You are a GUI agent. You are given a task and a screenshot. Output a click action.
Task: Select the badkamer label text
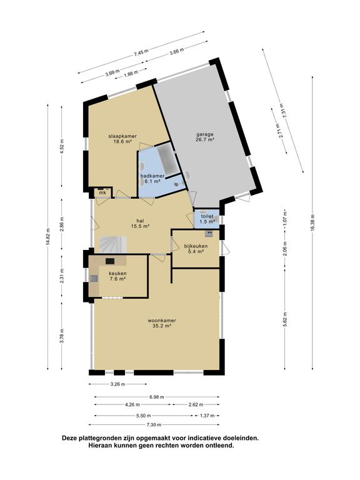coord(152,177)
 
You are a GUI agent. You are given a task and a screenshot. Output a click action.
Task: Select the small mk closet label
coord(102,192)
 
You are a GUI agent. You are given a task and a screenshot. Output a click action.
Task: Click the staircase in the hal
coord(111,243)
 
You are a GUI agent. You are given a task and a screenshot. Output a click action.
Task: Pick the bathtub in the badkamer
coord(166,157)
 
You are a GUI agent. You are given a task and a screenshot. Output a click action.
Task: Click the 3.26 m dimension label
coord(117,384)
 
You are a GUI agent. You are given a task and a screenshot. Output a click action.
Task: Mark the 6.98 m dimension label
coord(157,396)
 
